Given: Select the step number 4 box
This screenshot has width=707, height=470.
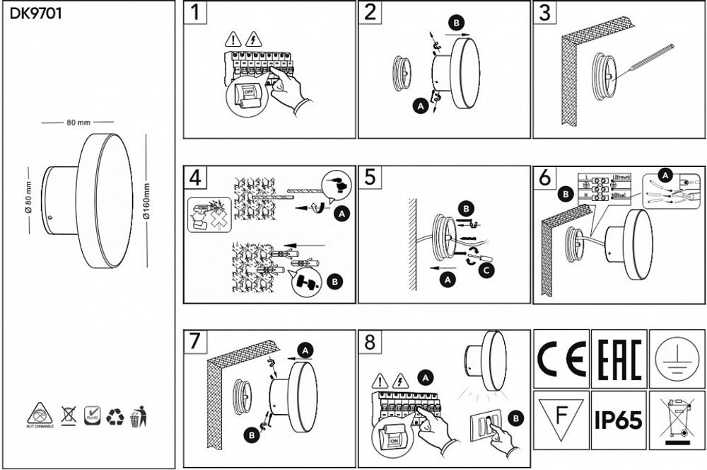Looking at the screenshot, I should (196, 178).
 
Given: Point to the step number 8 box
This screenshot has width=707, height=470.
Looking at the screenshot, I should (370, 343).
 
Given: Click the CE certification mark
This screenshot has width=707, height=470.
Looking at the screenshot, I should (561, 359).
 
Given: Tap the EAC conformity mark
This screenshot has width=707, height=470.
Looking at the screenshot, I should (619, 359).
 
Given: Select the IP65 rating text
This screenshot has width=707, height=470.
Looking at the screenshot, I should (619, 420).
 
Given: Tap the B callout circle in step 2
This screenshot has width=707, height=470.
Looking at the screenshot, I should (457, 23).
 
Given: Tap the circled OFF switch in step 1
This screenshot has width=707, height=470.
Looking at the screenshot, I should (246, 94).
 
